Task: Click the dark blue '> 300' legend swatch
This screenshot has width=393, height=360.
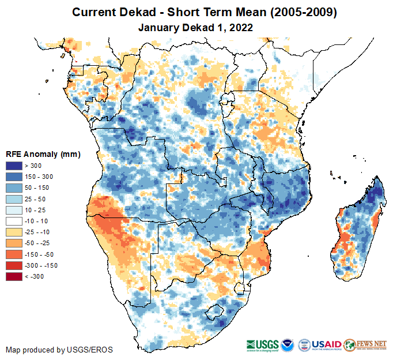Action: [x=14, y=166]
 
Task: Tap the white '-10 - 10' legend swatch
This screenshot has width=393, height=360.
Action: [x=14, y=221]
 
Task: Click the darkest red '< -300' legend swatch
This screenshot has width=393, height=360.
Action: [x=14, y=276]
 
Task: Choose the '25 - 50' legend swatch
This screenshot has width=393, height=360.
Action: [x=14, y=199]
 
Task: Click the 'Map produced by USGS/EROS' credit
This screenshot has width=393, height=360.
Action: [x=59, y=350]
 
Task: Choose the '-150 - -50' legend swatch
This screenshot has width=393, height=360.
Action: [x=14, y=254]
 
